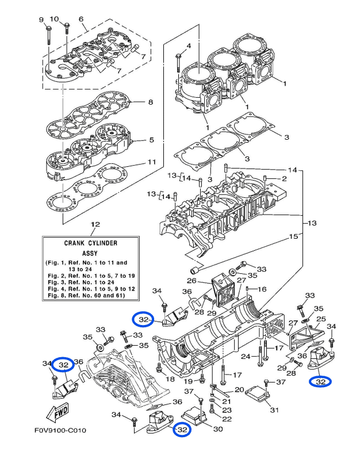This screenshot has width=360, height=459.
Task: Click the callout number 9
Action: pyautogui.click(x=41, y=21)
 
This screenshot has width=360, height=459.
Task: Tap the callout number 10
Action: pyautogui.click(x=55, y=20)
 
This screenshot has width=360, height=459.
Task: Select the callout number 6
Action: pyautogui.click(x=82, y=19)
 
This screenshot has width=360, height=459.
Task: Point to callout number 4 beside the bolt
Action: pyautogui.click(x=188, y=45)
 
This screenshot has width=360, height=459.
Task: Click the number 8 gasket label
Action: pyautogui.click(x=150, y=102)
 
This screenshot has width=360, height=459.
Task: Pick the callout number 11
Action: pyautogui.click(x=151, y=162)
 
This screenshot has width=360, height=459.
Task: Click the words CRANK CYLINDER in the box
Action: pyautogui.click(x=91, y=243)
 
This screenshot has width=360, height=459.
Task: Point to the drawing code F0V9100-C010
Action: pyautogui.click(x=57, y=446)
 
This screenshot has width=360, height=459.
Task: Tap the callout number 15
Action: pyautogui.click(x=294, y=236)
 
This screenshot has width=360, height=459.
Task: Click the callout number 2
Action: pyautogui.click(x=284, y=179)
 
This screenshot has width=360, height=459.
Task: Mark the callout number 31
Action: pyautogui.click(x=274, y=410)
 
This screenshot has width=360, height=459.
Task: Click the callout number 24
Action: pyautogui.click(x=246, y=356)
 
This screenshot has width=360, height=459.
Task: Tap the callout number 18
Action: pyautogui.click(x=170, y=379)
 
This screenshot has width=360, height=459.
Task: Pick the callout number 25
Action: pyautogui.click(x=321, y=319)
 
